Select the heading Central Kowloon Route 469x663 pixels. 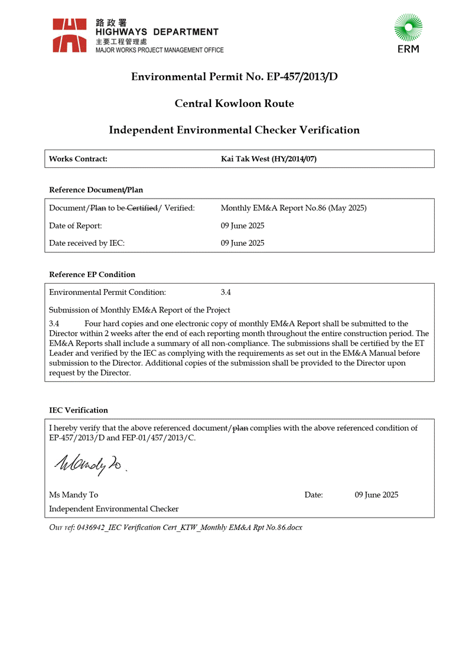click(x=234, y=103)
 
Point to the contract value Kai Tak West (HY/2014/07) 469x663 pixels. click(x=268, y=159)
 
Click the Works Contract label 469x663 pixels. click(x=78, y=159)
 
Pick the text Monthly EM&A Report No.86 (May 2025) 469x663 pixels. click(x=294, y=208)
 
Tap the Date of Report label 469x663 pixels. click(x=76, y=226)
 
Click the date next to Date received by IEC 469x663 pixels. click(x=242, y=243)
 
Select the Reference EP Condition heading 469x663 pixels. click(x=92, y=274)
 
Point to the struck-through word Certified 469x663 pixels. click(x=142, y=208)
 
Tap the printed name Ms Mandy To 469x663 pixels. click(x=74, y=495)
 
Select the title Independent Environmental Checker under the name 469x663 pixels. click(x=114, y=509)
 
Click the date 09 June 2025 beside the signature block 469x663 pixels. click(x=376, y=495)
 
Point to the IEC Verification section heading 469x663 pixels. click(x=79, y=410)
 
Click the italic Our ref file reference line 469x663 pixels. click(x=175, y=527)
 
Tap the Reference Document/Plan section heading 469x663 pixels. click(x=96, y=190)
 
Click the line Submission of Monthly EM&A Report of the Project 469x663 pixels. click(x=139, y=310)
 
